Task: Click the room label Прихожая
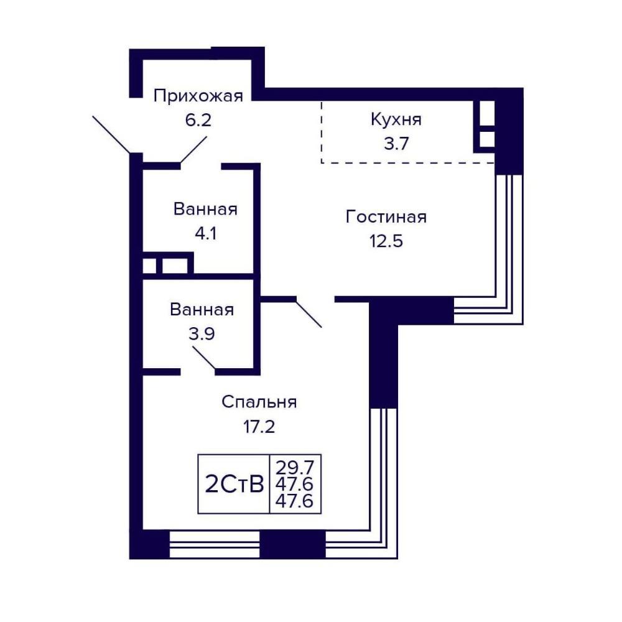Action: [198, 96]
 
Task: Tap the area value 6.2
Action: [198, 120]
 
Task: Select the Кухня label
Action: [396, 119]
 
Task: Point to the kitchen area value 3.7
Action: [396, 143]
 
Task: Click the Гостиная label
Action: [386, 217]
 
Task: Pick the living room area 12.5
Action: [386, 241]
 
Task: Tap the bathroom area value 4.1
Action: [205, 233]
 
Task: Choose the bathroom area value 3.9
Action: [202, 334]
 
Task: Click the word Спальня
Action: [259, 402]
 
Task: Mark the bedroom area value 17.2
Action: [259, 427]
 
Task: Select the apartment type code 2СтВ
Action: [234, 485]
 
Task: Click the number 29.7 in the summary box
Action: [295, 468]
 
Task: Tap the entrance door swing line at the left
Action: [111, 134]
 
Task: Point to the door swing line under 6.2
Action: [193, 149]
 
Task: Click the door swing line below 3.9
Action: [204, 358]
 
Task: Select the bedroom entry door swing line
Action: [309, 312]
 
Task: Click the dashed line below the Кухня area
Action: [408, 162]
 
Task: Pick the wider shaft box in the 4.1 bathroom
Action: [175, 266]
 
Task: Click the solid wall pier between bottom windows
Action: [292, 545]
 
